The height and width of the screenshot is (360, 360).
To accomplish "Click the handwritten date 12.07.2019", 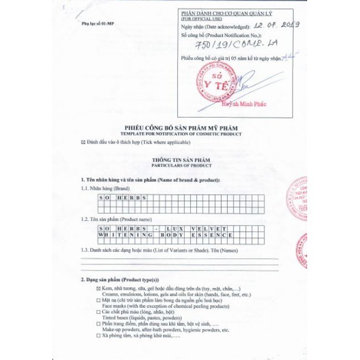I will [x=276, y=25].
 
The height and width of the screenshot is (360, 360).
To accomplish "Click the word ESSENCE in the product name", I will [x=212, y=235].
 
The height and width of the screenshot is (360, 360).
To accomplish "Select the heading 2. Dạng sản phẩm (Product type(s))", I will [x=120, y=280].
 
